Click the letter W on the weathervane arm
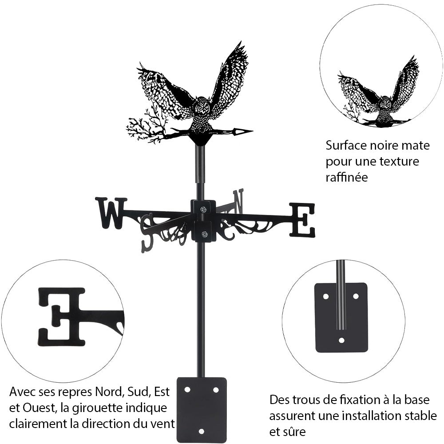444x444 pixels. (x=111, y=213)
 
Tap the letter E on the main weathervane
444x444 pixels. (x=302, y=220)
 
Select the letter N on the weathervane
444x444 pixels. (x=238, y=202)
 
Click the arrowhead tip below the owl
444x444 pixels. (x=253, y=131)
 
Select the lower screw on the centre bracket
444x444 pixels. (x=204, y=234)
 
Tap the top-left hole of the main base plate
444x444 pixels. (x=187, y=390)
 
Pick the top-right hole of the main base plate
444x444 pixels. (x=216, y=390)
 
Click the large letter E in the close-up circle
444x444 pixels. (x=62, y=317)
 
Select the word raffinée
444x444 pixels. (x=347, y=177)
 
